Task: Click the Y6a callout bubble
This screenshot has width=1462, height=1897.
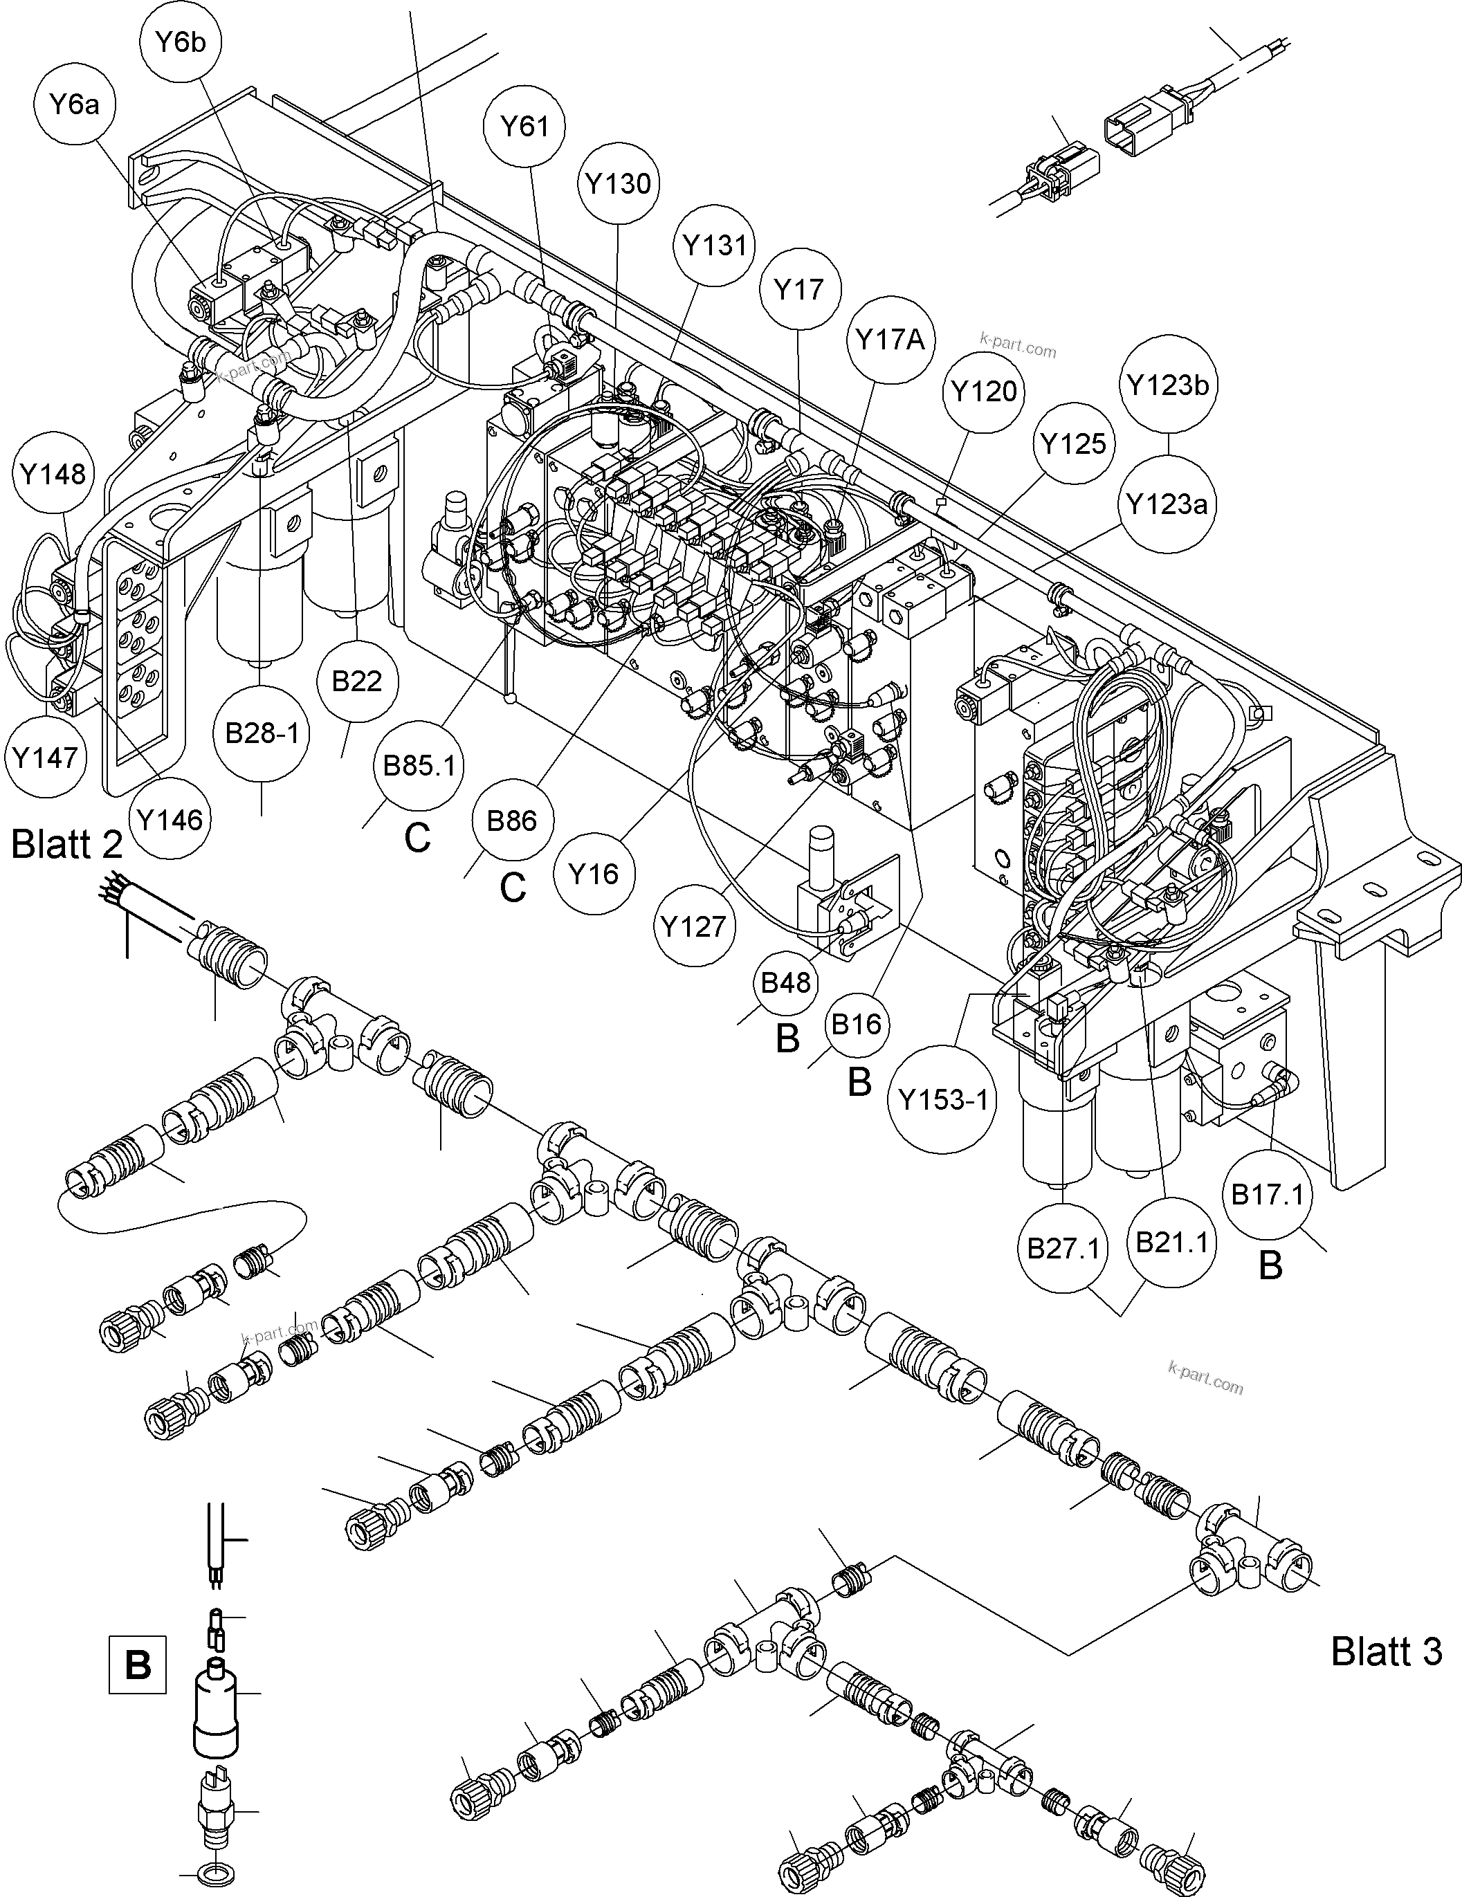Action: pyautogui.click(x=75, y=105)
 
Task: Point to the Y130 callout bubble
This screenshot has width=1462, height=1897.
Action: pyautogui.click(x=619, y=184)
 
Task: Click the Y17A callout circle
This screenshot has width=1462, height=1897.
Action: pyautogui.click(x=890, y=340)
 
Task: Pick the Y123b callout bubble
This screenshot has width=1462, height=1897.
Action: pyautogui.click(x=1169, y=385)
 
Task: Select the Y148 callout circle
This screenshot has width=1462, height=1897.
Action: pyautogui.click(x=54, y=475)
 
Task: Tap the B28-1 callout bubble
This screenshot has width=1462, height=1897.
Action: pyautogui.click(x=262, y=734)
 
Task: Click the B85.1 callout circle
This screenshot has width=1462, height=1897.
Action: pyautogui.click(x=419, y=766)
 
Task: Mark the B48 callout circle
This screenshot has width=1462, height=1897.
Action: pyautogui.click(x=785, y=983)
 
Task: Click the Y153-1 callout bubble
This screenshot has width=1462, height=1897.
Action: pyautogui.click(x=943, y=1101)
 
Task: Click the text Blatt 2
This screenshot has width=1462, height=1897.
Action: pyautogui.click(x=67, y=844)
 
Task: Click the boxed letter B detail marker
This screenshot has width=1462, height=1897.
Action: pyautogui.click(x=137, y=1665)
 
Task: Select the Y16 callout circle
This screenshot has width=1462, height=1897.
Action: pyautogui.click(x=594, y=874)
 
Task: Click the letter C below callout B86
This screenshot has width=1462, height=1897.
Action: pyautogui.click(x=513, y=888)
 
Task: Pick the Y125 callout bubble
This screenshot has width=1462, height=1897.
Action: pyautogui.click(x=1075, y=444)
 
